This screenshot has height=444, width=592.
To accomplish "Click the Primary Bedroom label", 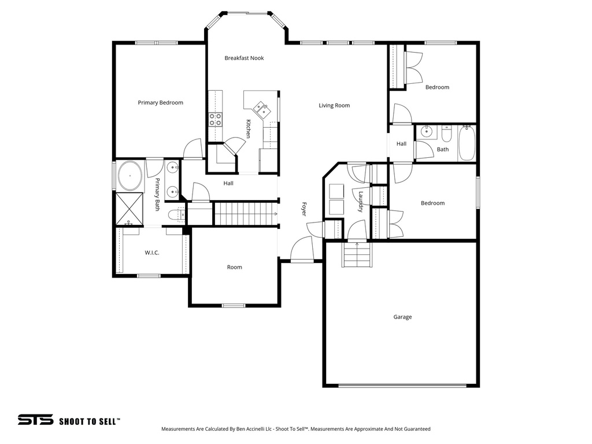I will coord(160,103).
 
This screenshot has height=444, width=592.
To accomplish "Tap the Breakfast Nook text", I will coord(244,58).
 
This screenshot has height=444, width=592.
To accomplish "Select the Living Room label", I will coord(334,105).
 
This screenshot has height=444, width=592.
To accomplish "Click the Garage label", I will coord(402,317).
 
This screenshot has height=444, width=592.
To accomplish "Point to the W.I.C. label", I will coord(151,253).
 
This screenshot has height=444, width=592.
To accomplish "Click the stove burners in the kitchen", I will coord(215,120).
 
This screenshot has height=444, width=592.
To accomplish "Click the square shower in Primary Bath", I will coord(129,209).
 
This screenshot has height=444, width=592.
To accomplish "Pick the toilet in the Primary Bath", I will coord(175,216).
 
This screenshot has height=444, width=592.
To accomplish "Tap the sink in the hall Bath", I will coord(426,132).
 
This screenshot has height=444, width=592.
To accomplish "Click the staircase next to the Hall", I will coord(243,214).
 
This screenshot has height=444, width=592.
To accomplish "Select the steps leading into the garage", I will coord(356,254).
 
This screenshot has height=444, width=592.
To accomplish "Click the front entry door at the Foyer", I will coord(301,250).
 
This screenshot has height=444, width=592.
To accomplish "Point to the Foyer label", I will coord(304,209).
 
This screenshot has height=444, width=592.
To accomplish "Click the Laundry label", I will coord(361,202).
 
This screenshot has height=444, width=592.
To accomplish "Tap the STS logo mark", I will coord(35,420).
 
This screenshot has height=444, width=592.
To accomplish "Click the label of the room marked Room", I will coord(234,267).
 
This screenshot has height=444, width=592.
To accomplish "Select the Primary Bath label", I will coord(157,194).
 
